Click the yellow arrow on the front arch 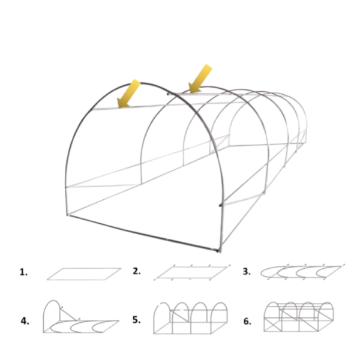pyautogui.click(x=128, y=94)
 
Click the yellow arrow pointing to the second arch pyautogui.click(x=200, y=79)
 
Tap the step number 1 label pyautogui.click(x=23, y=272)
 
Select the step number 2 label pyautogui.click(x=137, y=271)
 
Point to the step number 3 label pyautogui.click(x=247, y=272)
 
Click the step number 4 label pyautogui.click(x=25, y=321)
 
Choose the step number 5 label pyautogui.click(x=137, y=320)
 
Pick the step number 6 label pyautogui.click(x=247, y=321)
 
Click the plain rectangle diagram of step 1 pyautogui.click(x=84, y=274)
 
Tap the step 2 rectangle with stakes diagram pyautogui.click(x=192, y=272)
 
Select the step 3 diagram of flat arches pyautogui.click(x=302, y=272)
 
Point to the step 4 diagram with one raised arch pyautogui.click(x=81, y=317)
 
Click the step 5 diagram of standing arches pyautogui.click(x=190, y=318)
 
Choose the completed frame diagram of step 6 pyautogui.click(x=298, y=317)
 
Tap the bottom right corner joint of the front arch pyautogui.click(x=219, y=250)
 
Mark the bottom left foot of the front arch pyautogui.click(x=67, y=215)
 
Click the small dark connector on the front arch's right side pyautogui.click(x=220, y=205)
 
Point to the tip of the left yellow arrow pyautogui.click(x=119, y=107)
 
